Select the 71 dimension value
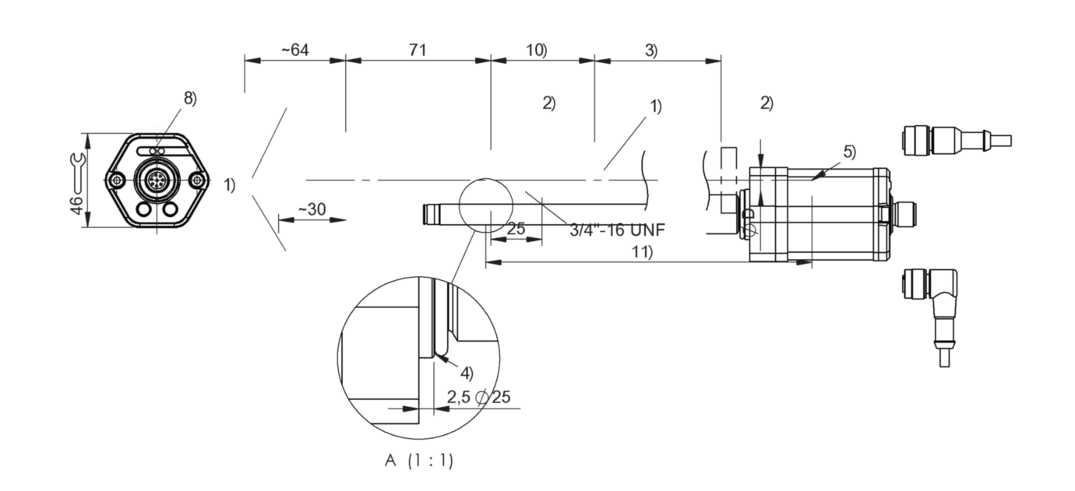[418, 50]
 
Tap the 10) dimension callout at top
[536, 50]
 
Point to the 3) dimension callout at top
[650, 50]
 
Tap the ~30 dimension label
[312, 209]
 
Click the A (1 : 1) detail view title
[418, 460]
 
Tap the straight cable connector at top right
[954, 140]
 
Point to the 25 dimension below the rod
[516, 230]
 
